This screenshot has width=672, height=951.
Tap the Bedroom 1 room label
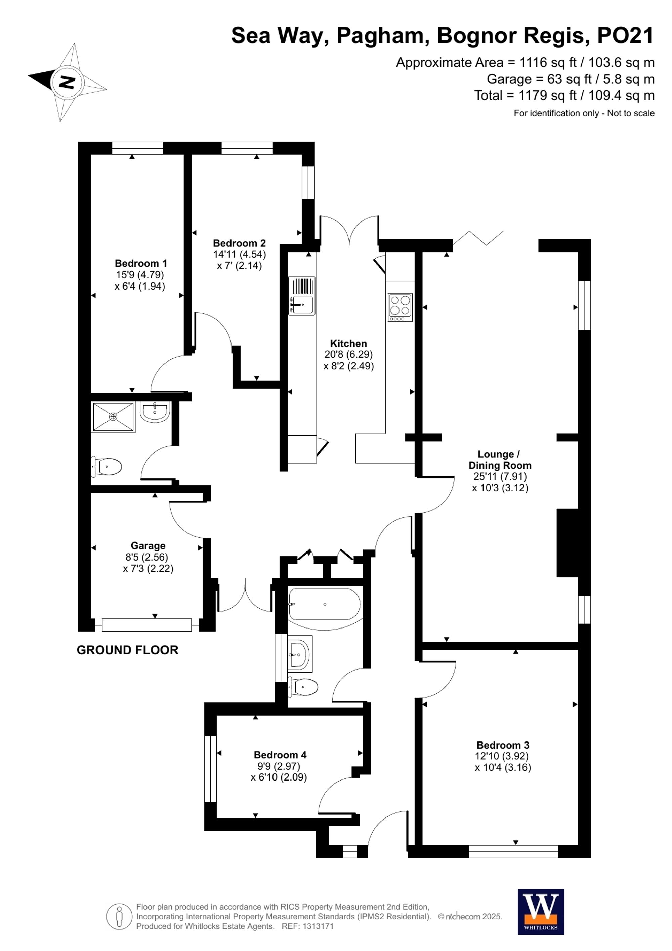point(141,263)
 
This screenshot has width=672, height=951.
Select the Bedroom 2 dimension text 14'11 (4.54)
point(239,254)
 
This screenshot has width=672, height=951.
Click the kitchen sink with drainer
point(302,295)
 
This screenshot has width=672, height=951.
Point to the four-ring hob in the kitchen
point(400,307)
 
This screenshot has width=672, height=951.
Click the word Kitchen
point(348,343)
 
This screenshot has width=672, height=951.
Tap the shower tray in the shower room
point(113,417)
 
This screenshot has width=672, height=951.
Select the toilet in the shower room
point(107,467)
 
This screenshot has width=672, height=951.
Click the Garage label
point(148,545)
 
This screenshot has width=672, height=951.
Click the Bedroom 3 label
point(503,745)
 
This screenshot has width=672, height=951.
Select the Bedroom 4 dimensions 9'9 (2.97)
point(279,766)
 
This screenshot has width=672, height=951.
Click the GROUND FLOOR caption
point(127,650)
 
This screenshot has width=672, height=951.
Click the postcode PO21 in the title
point(625,36)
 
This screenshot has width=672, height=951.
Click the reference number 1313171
point(318,926)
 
